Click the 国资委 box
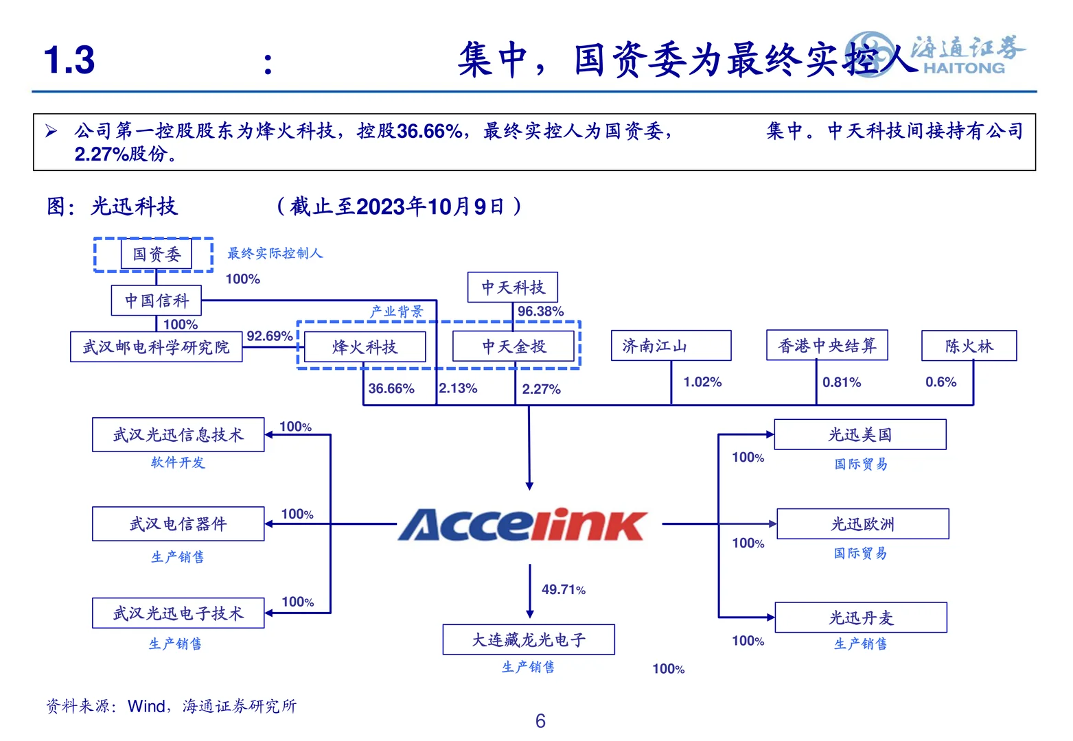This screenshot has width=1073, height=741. coord(156,255)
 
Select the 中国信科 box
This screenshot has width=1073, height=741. coord(157,301)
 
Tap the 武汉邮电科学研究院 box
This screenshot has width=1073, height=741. coord(157,347)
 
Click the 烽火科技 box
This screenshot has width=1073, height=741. coord(365,347)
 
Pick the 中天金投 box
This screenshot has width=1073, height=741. coord(514,346)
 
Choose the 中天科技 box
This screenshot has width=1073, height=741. coord(512,287)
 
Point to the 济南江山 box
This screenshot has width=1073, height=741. coord(671,346)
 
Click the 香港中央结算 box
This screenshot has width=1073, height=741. coord(827,345)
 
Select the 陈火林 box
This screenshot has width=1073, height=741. coord(969,346)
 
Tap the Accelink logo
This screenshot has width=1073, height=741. coord(522,525)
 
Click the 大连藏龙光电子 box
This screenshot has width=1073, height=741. coord(529,639)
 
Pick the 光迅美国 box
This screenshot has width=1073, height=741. coord(860,435)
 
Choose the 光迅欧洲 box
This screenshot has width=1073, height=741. coord(862,524)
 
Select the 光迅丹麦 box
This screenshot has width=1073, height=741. coord(861,617)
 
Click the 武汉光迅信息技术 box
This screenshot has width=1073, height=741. coord(178,435)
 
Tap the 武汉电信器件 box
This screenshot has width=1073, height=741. coord(178,524)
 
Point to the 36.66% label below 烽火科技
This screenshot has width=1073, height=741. coord(391,389)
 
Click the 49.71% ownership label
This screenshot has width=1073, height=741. coord(564,589)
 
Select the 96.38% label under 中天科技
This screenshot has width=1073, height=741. coord(540,311)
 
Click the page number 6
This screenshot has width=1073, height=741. coord(540,721)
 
